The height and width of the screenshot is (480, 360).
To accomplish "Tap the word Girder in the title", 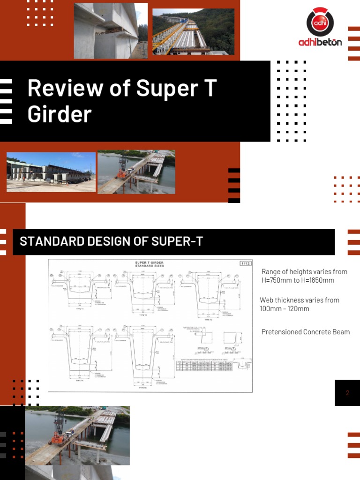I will [60, 114].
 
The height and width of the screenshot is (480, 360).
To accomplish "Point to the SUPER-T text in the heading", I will [177, 242].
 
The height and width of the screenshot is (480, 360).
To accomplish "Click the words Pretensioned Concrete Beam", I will [305, 332].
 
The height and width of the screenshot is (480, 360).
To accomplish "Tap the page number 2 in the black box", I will [347, 393].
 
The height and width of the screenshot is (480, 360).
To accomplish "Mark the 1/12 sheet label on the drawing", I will [245, 263].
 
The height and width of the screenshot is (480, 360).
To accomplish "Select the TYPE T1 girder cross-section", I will [79, 291].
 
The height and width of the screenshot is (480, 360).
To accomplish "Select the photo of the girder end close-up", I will [111, 31].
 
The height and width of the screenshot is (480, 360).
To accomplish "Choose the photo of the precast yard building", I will [51, 172].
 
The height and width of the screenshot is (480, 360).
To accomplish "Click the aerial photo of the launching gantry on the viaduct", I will [193, 31].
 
